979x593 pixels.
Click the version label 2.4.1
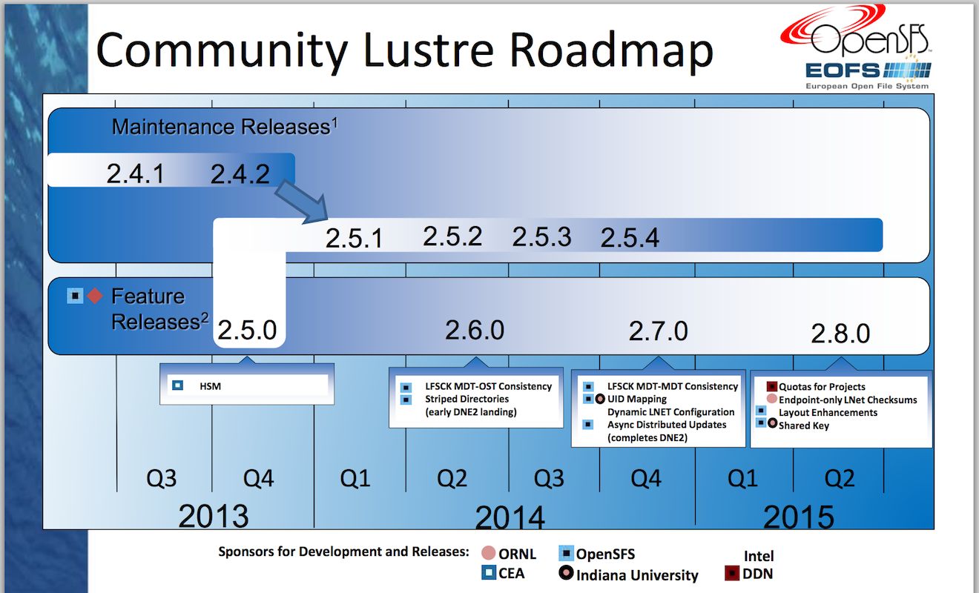(135, 174)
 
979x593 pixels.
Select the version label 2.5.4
(630, 238)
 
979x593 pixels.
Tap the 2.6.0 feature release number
(475, 329)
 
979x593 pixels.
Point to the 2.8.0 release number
(840, 334)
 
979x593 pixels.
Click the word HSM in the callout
(210, 385)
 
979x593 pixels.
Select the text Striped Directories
(467, 399)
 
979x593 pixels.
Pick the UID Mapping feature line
(637, 399)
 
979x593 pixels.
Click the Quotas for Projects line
(822, 387)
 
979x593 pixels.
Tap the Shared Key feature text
(804, 425)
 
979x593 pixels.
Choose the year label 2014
(510, 517)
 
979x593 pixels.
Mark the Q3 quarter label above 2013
(161, 478)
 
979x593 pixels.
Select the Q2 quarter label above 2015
(840, 478)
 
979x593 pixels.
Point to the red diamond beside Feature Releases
(95, 296)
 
